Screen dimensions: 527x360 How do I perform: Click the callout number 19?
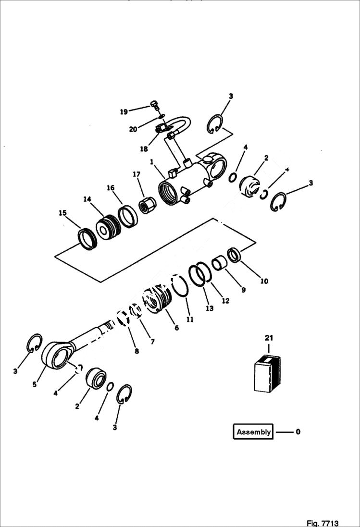tap(124, 112)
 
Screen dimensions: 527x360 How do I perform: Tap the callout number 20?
tap(133, 129)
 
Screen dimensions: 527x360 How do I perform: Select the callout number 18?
tap(144, 149)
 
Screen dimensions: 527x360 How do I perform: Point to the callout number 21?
tap(268, 339)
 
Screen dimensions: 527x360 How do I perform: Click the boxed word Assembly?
tap(253, 431)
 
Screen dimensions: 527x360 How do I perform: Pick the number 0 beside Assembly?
tap(298, 431)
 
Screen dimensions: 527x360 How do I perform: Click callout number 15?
tap(62, 213)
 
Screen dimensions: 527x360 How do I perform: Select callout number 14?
tap(87, 198)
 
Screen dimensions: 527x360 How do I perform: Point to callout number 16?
tap(111, 188)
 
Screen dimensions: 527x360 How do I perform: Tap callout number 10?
tap(264, 281)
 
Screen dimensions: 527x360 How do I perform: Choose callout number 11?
tap(190, 319)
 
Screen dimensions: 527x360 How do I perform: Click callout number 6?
tap(176, 328)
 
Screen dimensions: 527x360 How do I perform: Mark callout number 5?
tap(35, 384)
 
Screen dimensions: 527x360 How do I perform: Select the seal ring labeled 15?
tap(87, 239)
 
